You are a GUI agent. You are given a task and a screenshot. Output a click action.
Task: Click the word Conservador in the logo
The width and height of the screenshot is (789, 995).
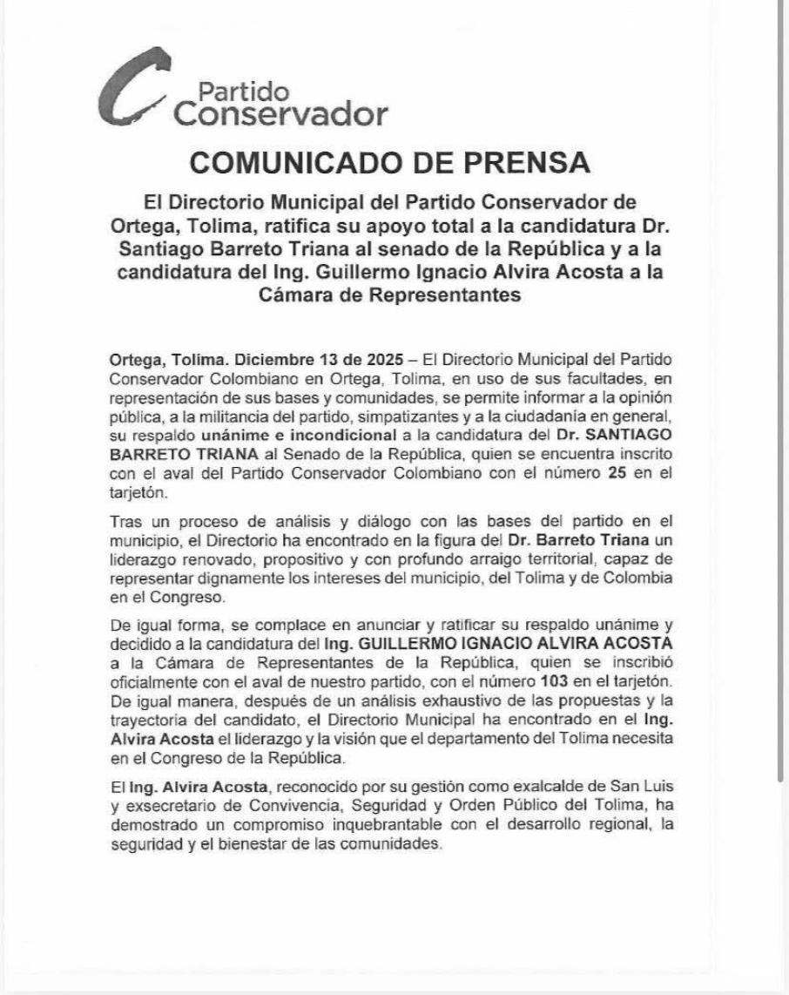coord(280,114)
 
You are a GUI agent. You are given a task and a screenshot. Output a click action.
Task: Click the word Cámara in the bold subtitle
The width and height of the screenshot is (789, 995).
coord(303,295)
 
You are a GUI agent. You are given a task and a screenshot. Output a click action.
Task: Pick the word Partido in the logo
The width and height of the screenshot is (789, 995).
coord(232,91)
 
